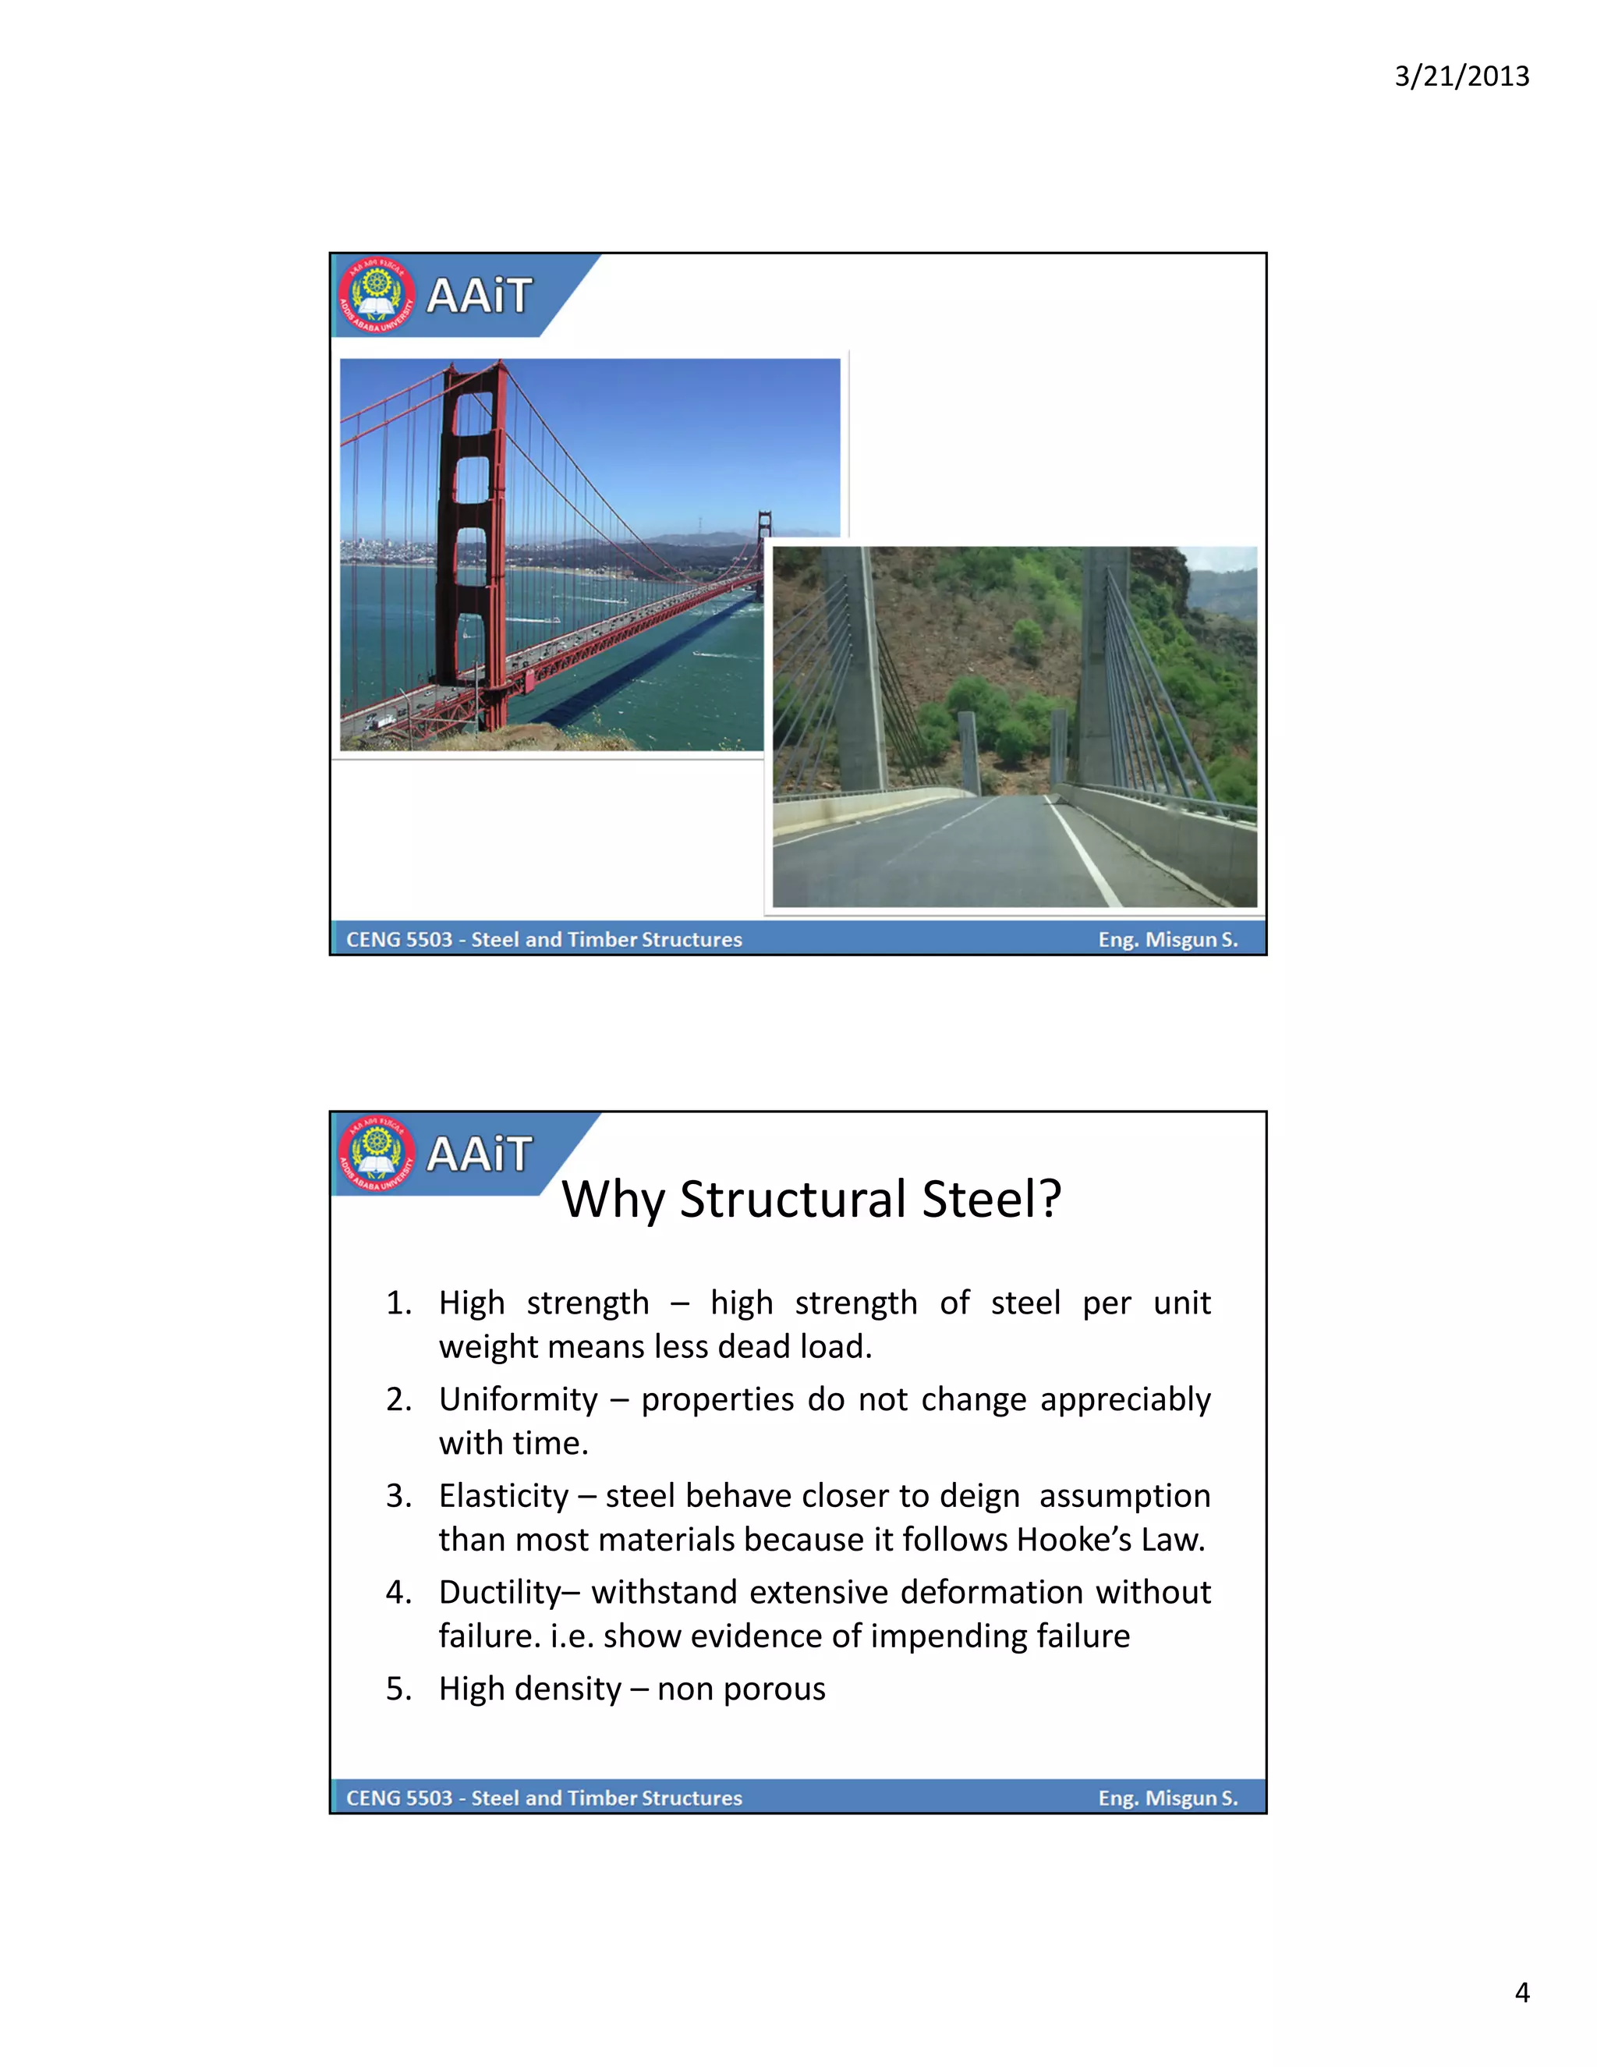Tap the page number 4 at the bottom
(1521, 1992)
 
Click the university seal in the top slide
(377, 296)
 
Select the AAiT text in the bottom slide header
(479, 1154)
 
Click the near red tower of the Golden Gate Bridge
(470, 530)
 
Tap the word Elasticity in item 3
(503, 1496)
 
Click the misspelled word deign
(979, 1496)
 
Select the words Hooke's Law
(1110, 1540)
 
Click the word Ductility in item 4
(501, 1593)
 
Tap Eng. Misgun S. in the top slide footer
(1167, 940)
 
